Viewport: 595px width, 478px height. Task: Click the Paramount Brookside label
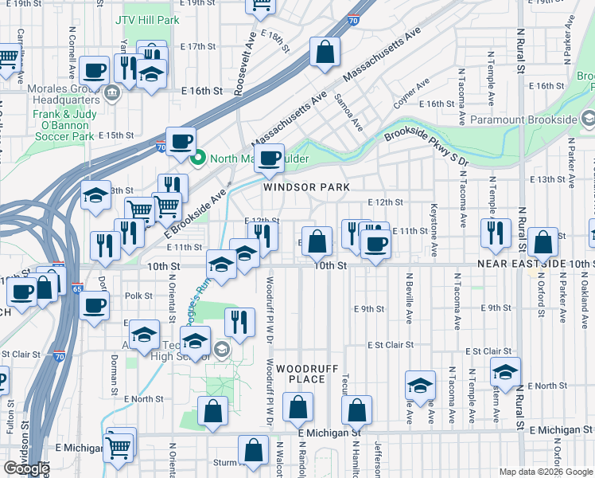tap(523, 119)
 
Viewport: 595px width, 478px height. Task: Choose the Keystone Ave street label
tap(434, 238)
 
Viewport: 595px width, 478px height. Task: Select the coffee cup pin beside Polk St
tap(93, 305)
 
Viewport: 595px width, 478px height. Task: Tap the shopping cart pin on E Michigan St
tap(119, 448)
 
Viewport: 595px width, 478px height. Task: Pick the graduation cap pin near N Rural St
tap(504, 371)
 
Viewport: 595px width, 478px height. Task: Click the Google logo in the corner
tap(26, 468)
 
